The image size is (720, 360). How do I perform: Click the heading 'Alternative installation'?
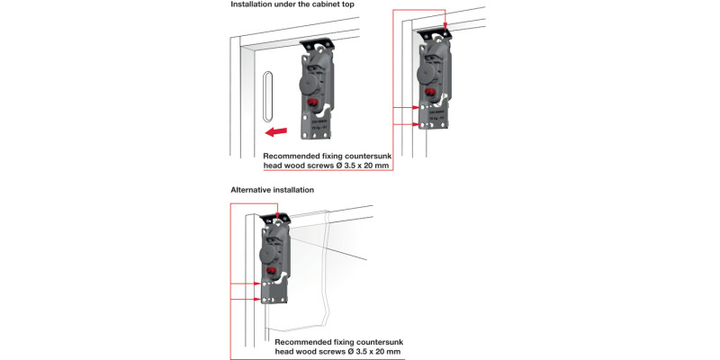tap(272, 190)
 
